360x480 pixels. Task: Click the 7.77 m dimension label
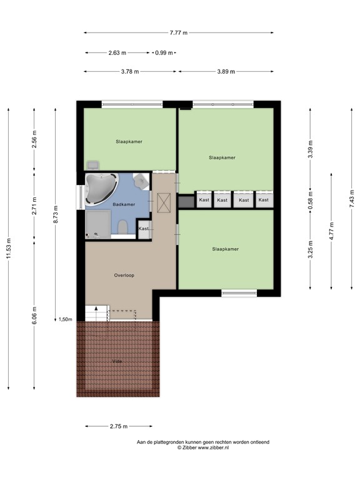179,33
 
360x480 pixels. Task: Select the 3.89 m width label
226,72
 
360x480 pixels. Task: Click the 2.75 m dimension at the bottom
118,427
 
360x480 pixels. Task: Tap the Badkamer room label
124,204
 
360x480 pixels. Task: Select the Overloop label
124,275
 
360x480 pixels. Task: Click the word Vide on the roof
117,361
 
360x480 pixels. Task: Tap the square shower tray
98,224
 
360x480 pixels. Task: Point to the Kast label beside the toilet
144,229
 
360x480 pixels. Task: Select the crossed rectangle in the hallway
164,202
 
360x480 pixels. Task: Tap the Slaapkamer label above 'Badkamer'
129,142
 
